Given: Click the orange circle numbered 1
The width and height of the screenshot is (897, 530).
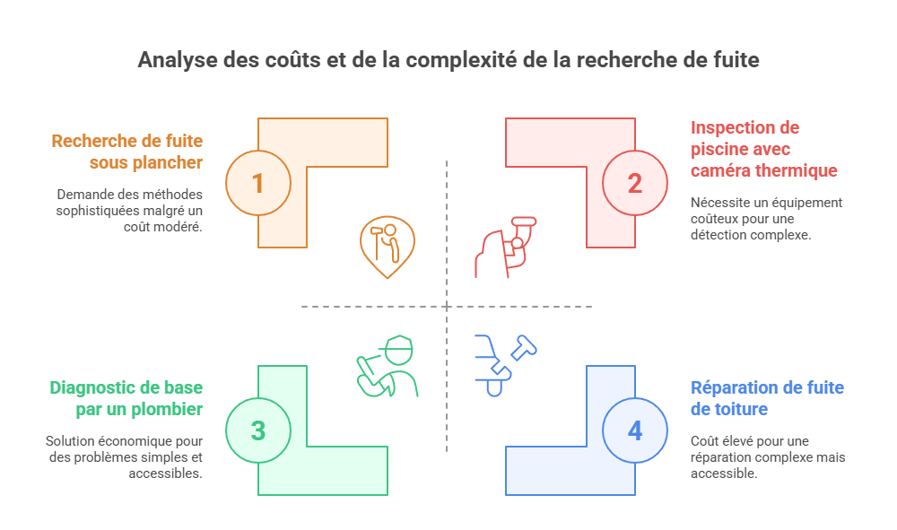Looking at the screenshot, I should point(257,183).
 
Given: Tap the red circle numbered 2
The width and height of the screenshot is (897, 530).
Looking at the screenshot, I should point(635,183).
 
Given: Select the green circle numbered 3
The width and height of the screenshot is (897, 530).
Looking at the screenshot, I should point(257,430).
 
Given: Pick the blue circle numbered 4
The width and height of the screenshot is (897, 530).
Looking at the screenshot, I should point(635,430).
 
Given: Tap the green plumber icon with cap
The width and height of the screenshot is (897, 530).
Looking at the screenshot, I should point(388,367).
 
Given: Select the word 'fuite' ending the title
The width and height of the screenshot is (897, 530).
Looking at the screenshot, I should point(737,60).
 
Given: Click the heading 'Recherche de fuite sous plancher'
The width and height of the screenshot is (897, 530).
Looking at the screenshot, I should point(127,152).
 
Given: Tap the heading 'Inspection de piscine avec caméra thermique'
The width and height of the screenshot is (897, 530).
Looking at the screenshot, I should point(763,149).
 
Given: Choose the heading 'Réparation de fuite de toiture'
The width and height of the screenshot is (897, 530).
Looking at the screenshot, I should point(767,398).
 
